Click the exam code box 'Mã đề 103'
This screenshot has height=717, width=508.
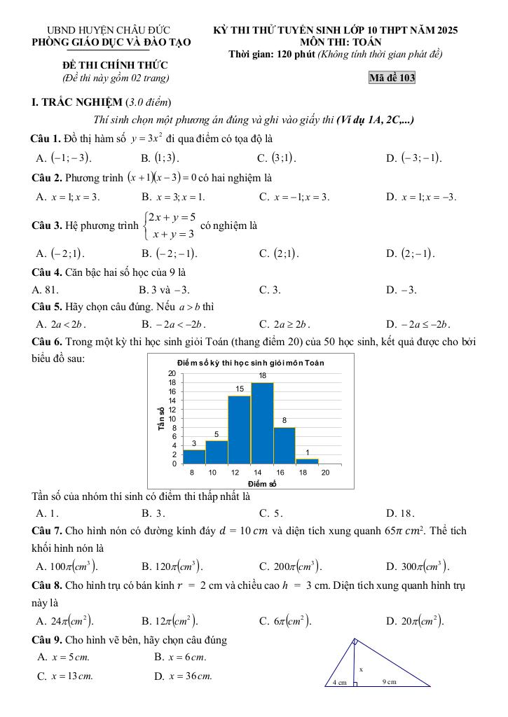(x=392, y=78)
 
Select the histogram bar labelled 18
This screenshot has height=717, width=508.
(x=262, y=423)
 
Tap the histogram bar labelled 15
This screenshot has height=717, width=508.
(x=240, y=429)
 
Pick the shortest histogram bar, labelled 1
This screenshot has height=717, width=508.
(x=307, y=461)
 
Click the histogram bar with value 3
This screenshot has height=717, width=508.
(x=194, y=457)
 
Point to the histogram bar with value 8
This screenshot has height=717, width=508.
(x=284, y=445)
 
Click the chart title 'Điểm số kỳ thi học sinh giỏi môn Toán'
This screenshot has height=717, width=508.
(x=250, y=363)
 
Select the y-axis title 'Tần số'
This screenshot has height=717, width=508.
(x=162, y=418)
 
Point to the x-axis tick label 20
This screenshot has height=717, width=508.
(x=325, y=473)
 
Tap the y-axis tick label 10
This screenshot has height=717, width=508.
(x=172, y=419)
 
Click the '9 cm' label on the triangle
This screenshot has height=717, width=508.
(x=390, y=681)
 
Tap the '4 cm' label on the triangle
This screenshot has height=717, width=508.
(x=339, y=682)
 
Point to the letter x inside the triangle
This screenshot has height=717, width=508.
(x=362, y=669)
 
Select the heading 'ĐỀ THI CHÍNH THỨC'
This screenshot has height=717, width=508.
(x=104, y=65)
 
